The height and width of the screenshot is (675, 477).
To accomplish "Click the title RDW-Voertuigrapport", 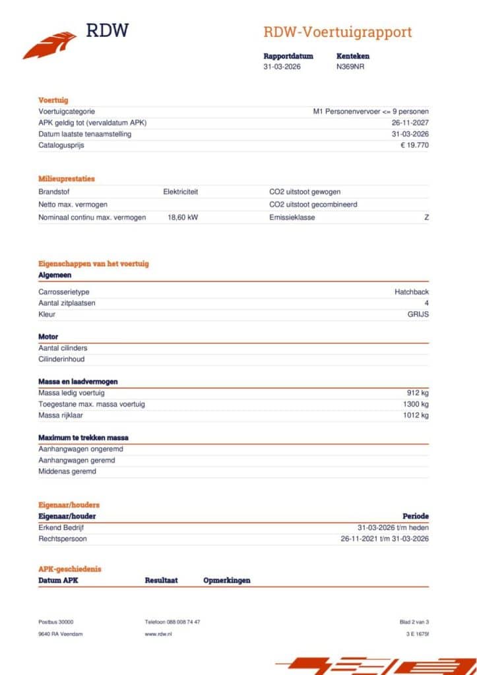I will (x=337, y=32).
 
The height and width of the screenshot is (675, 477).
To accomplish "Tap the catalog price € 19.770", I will (x=414, y=145).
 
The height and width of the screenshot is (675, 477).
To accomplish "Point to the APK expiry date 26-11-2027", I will (x=410, y=123).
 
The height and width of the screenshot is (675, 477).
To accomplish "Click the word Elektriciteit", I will (x=180, y=192).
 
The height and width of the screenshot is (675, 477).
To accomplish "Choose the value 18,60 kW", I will (x=183, y=217).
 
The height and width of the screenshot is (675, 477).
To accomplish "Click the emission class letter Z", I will (x=426, y=217).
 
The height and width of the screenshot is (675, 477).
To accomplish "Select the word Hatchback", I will (x=412, y=291).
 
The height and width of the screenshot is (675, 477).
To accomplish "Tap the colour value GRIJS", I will (x=418, y=314).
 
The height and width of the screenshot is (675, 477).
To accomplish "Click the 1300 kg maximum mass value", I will (x=416, y=404).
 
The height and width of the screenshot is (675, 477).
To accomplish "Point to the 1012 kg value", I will (x=416, y=415).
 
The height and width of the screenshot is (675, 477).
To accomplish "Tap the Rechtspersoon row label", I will (x=63, y=539).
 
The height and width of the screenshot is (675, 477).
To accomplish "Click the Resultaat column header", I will (x=161, y=580).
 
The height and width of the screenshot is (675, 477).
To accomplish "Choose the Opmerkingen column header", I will (x=226, y=580).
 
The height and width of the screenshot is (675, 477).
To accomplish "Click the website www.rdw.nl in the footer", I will (x=158, y=633).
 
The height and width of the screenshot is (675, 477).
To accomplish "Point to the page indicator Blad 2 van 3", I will (x=414, y=622).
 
